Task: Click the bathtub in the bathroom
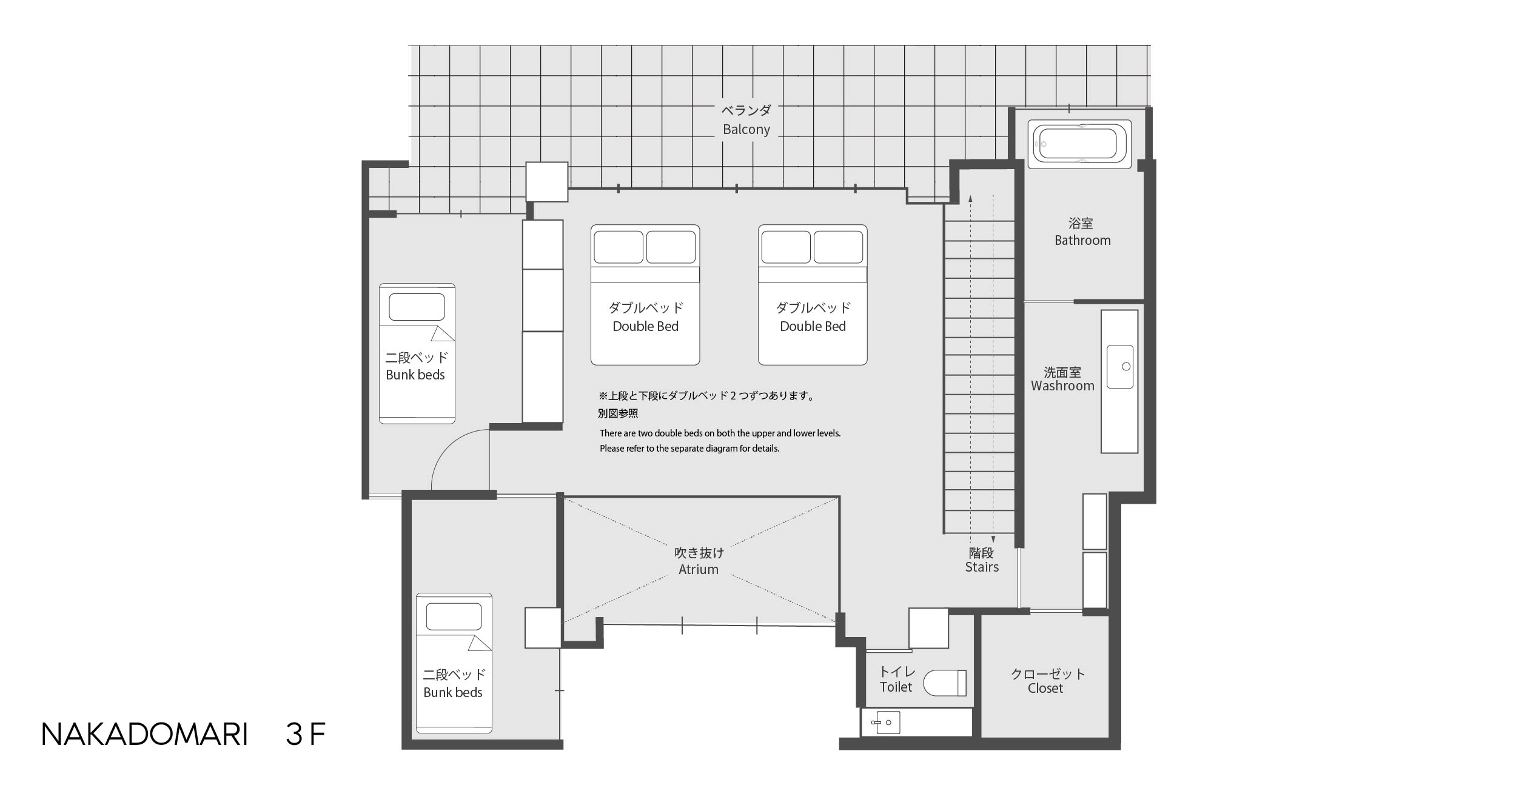pyautogui.click(x=1079, y=144)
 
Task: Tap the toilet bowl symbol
pyautogui.click(x=945, y=683)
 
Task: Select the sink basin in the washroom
pyautogui.click(x=1119, y=367)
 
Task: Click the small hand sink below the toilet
pyautogui.click(x=885, y=723)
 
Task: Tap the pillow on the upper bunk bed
pyautogui.click(x=417, y=307)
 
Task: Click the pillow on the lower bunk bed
pyautogui.click(x=454, y=617)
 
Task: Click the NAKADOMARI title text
pyautogui.click(x=144, y=735)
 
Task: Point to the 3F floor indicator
pyautogui.click(x=306, y=735)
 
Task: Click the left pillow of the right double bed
pyautogui.click(x=786, y=247)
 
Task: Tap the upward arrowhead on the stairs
pyautogui.click(x=970, y=198)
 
